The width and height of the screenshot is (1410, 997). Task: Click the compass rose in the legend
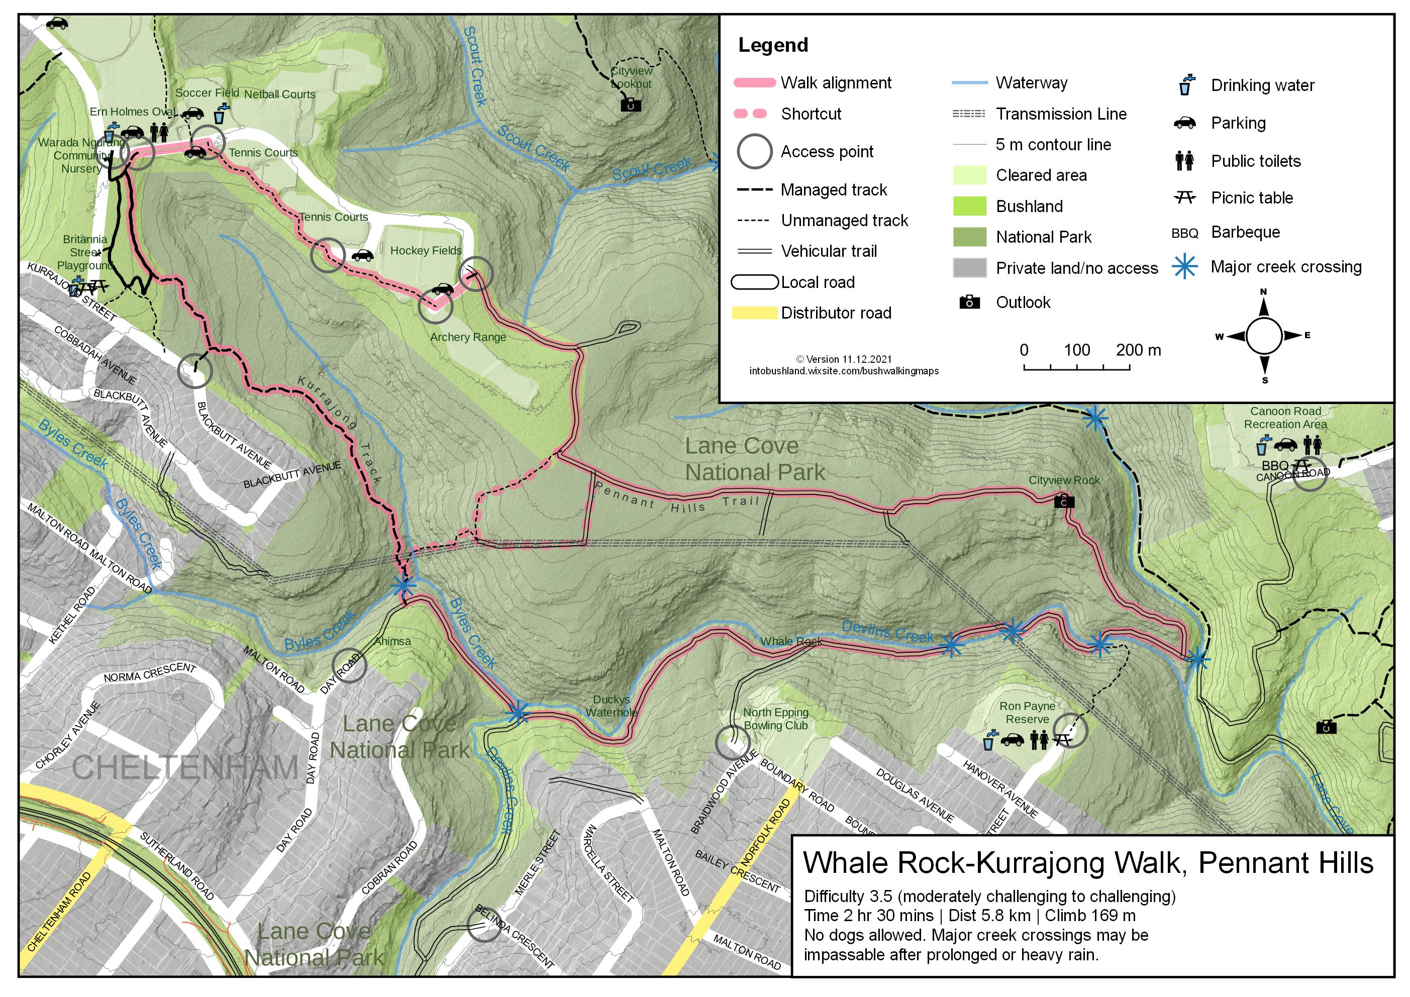point(1263,336)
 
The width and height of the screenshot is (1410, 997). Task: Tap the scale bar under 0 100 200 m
point(1076,368)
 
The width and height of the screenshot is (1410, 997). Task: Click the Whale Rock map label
point(791,641)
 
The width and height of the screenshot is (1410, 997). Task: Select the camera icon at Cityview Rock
point(1064,502)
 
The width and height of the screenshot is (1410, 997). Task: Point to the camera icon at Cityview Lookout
point(631,105)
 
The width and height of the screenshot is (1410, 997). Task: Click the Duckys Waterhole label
point(611,706)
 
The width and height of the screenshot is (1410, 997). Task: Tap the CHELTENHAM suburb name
point(185,767)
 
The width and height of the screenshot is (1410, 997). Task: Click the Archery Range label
point(468,337)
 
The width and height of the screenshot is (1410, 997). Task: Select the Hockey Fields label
point(426,251)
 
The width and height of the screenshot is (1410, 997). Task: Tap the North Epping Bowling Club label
point(776,719)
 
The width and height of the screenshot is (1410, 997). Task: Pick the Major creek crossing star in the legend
point(1184,267)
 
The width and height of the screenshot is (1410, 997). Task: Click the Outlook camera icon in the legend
point(969,302)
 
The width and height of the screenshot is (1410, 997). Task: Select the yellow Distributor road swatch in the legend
point(754,313)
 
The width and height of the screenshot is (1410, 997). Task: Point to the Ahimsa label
point(392,641)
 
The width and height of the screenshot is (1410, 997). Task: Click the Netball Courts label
point(279,94)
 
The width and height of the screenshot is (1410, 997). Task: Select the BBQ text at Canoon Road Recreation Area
point(1274,466)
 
